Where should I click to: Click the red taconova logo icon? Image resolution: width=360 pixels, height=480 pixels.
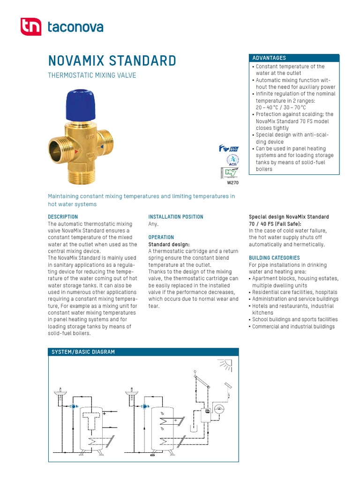pyautogui.click(x=31, y=27)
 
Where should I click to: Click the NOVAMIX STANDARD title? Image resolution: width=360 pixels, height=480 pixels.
pyautogui.click(x=112, y=61)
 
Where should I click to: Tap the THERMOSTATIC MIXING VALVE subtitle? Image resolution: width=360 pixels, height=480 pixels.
pyautogui.click(x=92, y=75)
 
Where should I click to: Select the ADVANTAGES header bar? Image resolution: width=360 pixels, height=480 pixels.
pyautogui.click(x=294, y=58)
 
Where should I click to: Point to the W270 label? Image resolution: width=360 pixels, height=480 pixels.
pyautogui.click(x=233, y=183)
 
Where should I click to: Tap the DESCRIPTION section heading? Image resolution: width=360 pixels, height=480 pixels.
pyautogui.click(x=63, y=217)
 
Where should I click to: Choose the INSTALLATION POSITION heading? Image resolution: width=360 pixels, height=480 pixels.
pyautogui.click(x=176, y=217)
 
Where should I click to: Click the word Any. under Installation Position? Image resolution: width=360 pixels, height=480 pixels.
pyautogui.click(x=154, y=224)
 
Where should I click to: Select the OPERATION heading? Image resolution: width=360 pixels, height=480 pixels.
pyautogui.click(x=161, y=237)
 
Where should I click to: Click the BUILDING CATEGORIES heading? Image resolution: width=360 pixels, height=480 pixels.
pyautogui.click(x=274, y=258)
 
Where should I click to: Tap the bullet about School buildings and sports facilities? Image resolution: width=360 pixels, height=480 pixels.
pyautogui.click(x=295, y=320)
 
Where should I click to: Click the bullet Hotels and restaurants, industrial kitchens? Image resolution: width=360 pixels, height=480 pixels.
pyautogui.click(x=293, y=309)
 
